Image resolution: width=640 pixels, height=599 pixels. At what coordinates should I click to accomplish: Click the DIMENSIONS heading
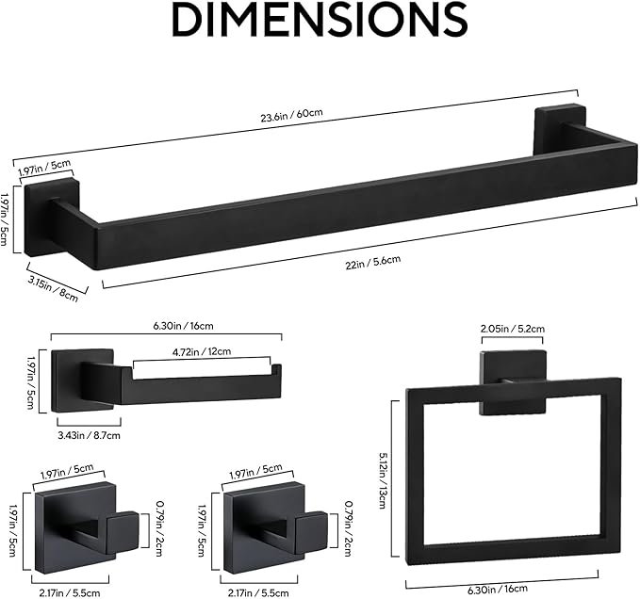click(x=319, y=21)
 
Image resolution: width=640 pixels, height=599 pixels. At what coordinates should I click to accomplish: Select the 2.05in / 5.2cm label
click(x=513, y=330)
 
